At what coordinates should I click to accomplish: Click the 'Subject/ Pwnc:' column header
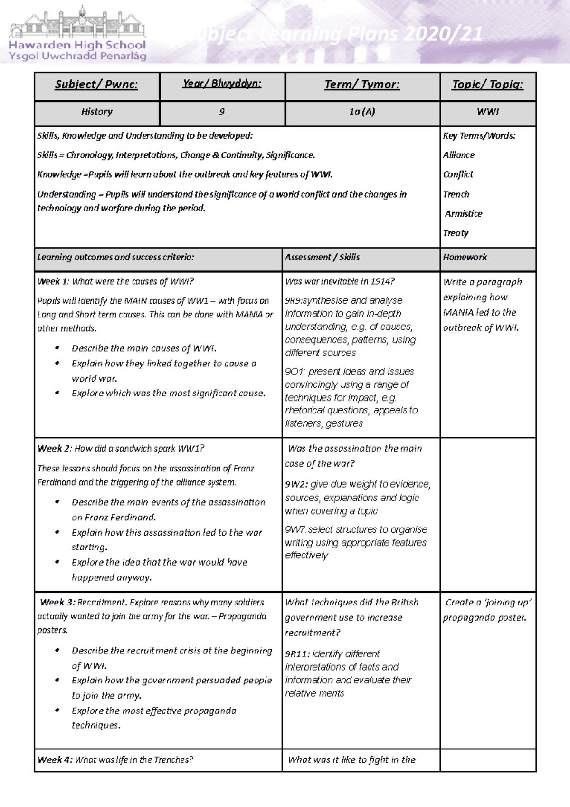coord(96,85)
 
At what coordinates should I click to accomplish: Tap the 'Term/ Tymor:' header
coord(362,85)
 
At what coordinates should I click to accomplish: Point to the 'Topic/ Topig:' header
coord(487,85)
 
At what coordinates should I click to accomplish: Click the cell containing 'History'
coord(96,112)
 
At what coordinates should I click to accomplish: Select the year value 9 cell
coord(222,112)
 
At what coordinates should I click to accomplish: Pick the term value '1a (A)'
coord(362,112)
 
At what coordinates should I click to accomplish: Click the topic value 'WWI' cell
coord(487,112)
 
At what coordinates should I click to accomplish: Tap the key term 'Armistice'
coord(463,214)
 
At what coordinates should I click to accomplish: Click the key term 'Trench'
coord(456,194)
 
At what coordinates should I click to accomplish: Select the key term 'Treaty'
coord(456,233)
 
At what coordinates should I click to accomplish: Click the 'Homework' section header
coord(465,257)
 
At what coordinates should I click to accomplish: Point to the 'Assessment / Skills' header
coord(322,257)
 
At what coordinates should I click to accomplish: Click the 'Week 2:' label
coord(54,449)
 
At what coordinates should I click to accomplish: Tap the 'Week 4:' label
coord(55,760)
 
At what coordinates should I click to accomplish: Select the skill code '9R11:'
coord(297,654)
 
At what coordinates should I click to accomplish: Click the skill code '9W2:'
coord(296,484)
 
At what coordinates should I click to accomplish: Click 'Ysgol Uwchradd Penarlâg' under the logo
coord(77,56)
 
